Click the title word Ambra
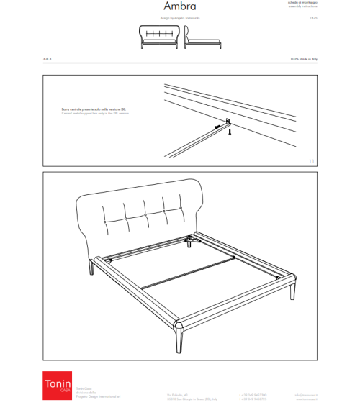[179, 7]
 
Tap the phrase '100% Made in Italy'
[304, 59]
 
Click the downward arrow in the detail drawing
[230, 132]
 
